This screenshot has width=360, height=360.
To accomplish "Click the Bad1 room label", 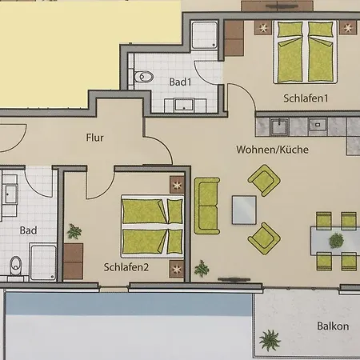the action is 180,82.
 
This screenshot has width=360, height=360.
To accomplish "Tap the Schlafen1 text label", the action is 306,98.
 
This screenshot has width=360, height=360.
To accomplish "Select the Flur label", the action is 94,138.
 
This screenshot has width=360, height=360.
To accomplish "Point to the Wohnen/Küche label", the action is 272,150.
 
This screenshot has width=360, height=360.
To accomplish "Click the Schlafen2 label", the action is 126,267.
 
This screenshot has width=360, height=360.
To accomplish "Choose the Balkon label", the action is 333,326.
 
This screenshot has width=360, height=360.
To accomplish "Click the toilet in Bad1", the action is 144,77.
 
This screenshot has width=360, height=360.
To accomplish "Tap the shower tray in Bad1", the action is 205,34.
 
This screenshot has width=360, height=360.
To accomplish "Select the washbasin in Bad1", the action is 184,106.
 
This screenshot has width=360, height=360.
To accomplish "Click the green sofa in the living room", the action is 207,206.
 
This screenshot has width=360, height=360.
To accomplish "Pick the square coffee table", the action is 244,210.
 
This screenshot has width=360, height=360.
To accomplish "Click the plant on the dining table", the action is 336,241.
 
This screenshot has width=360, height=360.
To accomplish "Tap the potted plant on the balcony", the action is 270,340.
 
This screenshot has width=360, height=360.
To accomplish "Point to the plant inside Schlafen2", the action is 74,231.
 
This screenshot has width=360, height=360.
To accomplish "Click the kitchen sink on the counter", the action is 279,126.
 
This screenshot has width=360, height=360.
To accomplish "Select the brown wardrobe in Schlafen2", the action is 74,261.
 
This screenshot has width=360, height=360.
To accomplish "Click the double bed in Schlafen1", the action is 306,52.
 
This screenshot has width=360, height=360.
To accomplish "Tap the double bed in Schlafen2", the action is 153,226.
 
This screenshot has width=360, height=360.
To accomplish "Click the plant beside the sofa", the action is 202,268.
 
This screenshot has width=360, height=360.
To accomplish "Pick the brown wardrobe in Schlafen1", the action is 234,38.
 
